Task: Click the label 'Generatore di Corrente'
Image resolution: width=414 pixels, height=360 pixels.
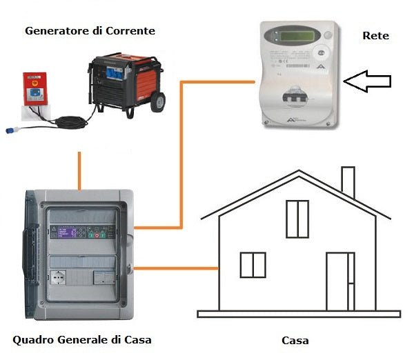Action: (90, 31)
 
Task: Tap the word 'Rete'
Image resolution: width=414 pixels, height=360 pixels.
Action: (375, 34)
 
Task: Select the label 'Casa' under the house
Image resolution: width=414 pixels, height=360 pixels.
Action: (295, 341)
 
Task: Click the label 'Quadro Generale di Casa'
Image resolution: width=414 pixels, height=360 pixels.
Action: (82, 339)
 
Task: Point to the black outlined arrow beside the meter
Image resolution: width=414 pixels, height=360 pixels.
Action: (367, 82)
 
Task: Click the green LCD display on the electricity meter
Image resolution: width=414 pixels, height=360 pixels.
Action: (288, 34)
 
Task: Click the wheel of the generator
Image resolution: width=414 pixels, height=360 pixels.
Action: (157, 101)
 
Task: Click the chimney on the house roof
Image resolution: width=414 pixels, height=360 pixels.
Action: (348, 181)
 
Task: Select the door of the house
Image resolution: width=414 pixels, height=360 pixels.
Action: (339, 281)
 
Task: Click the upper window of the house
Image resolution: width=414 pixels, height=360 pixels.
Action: (297, 219)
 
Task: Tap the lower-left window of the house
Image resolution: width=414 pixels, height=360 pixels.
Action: (253, 265)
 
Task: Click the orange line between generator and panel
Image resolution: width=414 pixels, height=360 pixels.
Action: (80, 170)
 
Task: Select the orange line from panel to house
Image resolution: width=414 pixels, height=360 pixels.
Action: (176, 267)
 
